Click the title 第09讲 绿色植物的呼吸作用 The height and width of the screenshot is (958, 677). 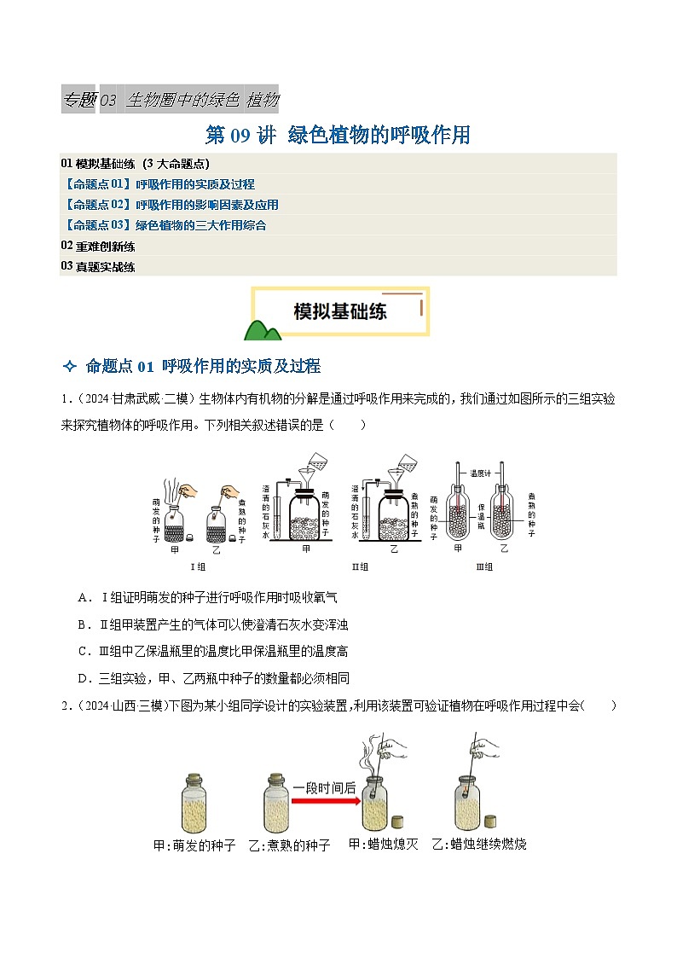[x=338, y=135]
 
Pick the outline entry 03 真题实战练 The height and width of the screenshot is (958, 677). [x=98, y=266]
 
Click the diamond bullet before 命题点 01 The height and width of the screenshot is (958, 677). [x=70, y=367]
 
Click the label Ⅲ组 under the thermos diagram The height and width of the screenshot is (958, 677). [x=483, y=566]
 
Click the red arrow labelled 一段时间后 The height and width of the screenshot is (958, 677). [x=324, y=801]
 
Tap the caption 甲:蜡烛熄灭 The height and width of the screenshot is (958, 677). [x=383, y=844]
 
